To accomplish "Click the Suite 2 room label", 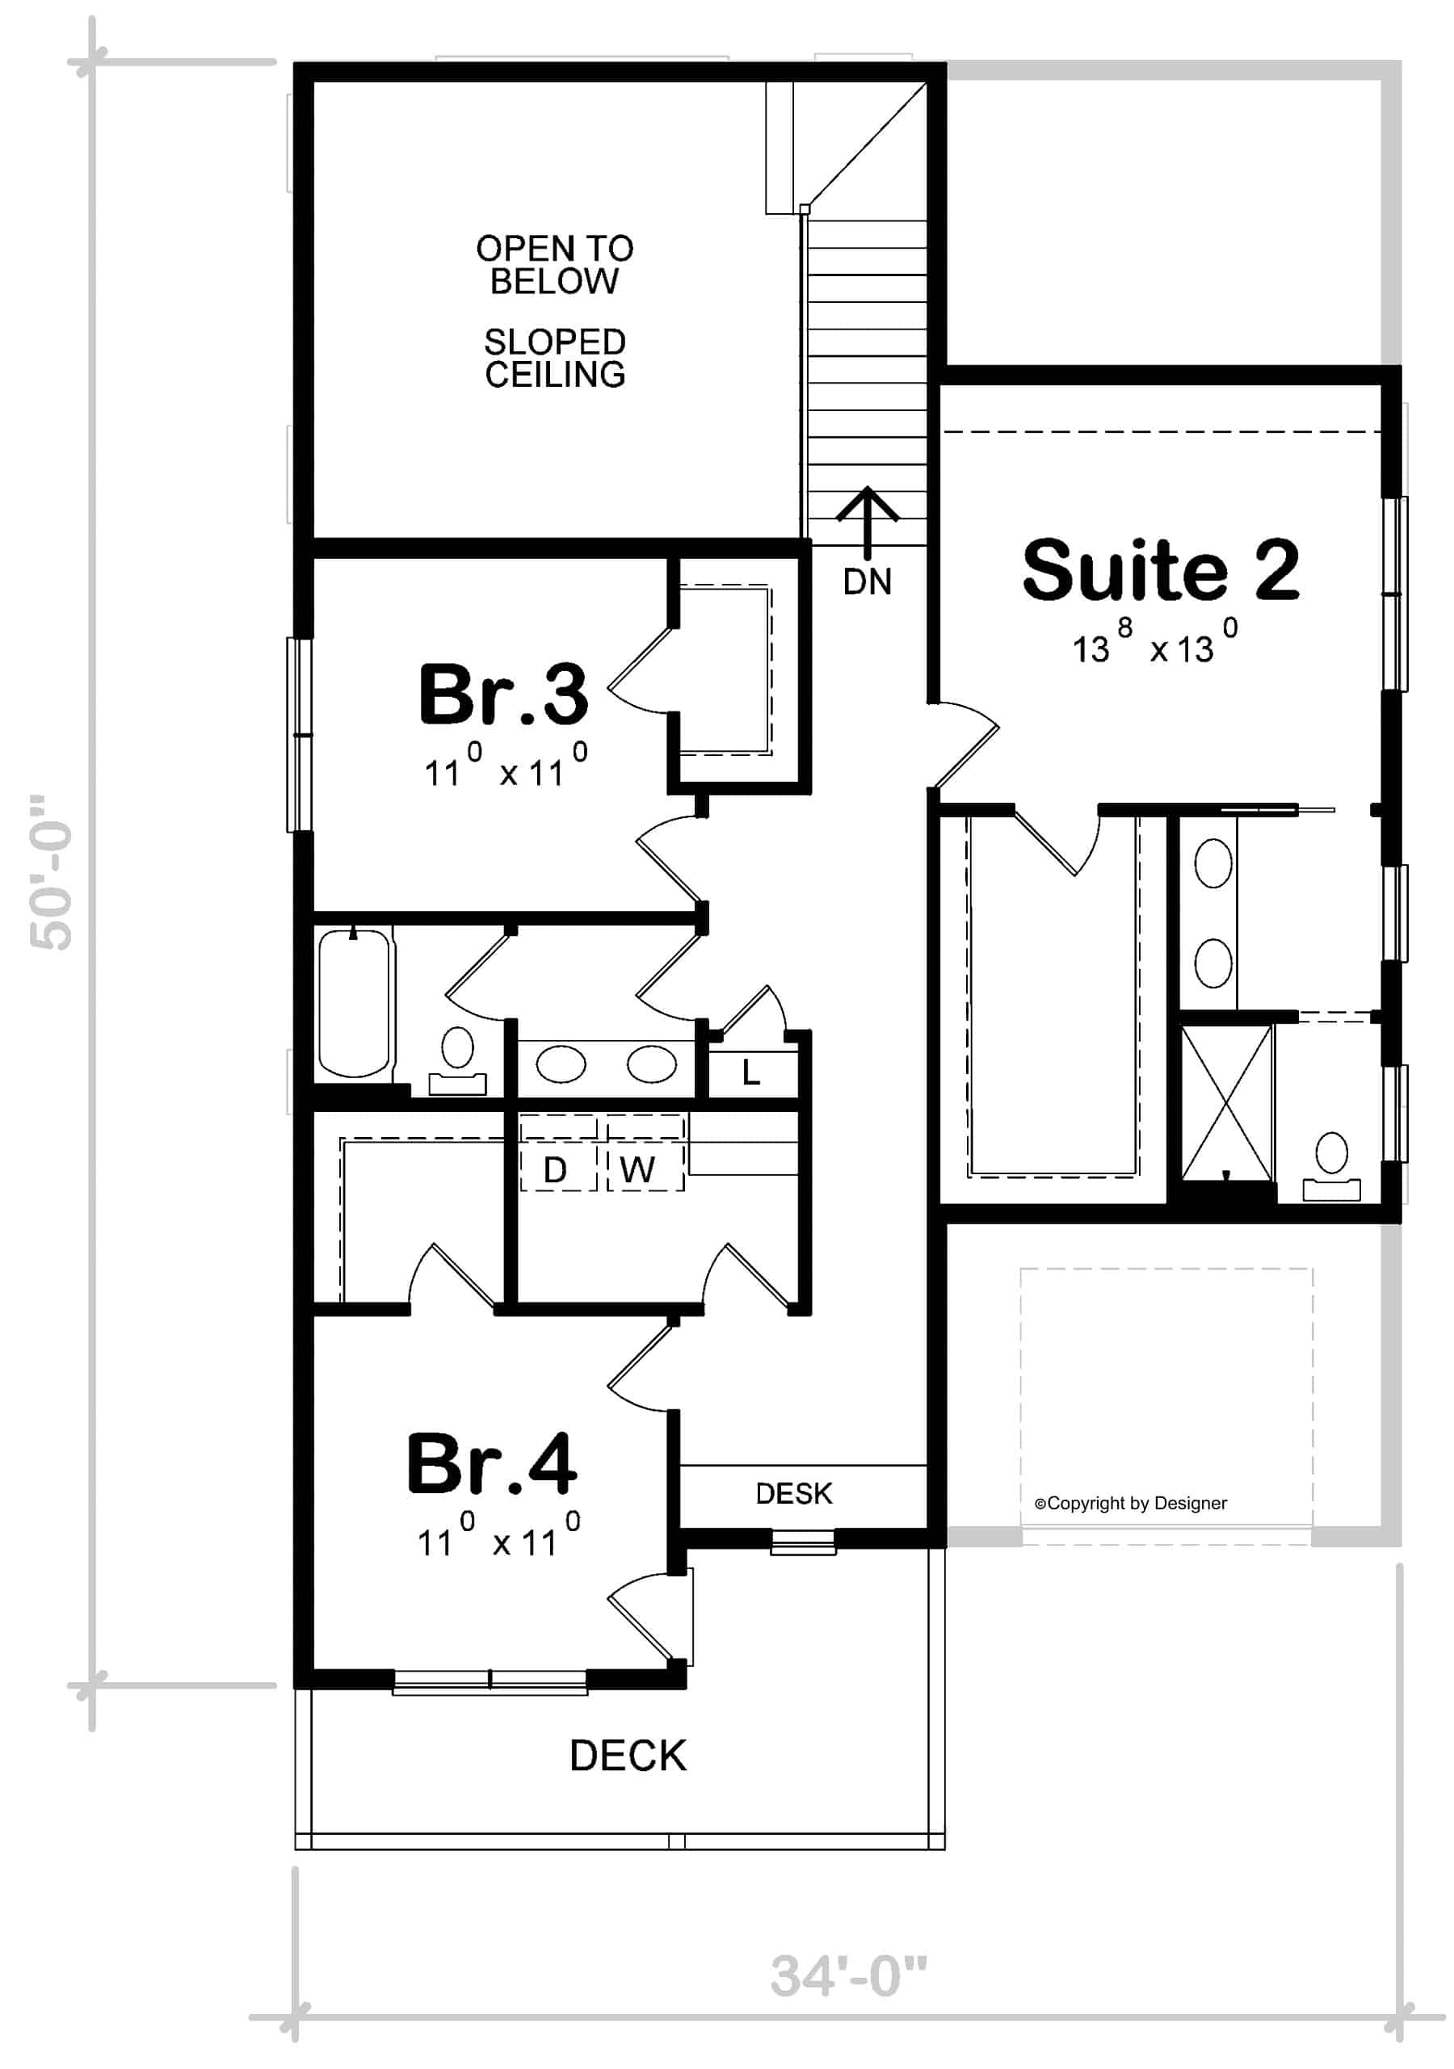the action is (x=1160, y=569).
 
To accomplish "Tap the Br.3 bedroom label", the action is (x=503, y=694).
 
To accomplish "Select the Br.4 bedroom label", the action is (x=491, y=1463).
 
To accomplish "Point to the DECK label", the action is (x=628, y=1756).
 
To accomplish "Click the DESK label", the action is (x=793, y=1493).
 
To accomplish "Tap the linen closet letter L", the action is (x=751, y=1072).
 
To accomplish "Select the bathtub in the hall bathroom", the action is (x=355, y=1003).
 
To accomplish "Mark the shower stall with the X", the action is (x=1226, y=1104).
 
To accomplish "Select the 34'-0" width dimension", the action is (x=848, y=1976).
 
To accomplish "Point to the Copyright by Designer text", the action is (x=1130, y=1503).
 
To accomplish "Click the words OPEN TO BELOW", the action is (x=554, y=265).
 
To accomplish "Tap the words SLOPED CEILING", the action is (x=554, y=358).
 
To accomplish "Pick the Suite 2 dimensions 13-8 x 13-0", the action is (x=1155, y=641).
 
